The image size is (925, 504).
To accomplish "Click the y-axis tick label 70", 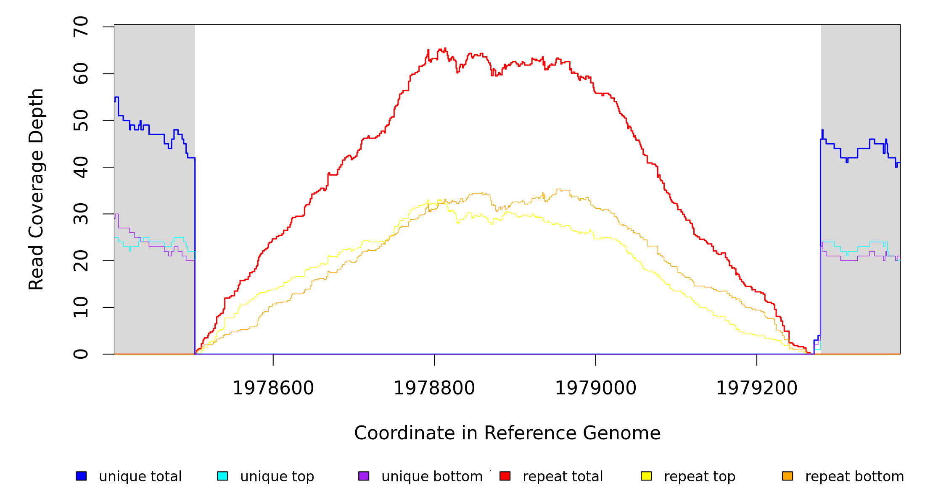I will point(81,27).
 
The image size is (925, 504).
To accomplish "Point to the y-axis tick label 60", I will point(81,73).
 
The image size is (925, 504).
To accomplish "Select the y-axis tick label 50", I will point(81,121).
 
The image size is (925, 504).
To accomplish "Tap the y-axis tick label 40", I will point(81,167).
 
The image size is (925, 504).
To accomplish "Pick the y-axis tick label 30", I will point(81,214).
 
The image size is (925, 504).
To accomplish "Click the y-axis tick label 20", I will point(81,260).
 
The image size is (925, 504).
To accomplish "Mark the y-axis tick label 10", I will point(81,307).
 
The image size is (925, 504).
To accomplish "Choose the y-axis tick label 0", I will point(81,354).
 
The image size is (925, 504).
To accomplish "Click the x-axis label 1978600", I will point(273,388).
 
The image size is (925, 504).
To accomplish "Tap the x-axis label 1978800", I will point(434,388).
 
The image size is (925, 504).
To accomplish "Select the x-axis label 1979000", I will point(596,388).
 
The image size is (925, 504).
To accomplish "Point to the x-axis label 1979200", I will point(757,388).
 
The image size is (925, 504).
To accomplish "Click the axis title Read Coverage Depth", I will point(36,189).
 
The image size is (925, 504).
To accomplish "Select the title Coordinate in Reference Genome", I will point(507,433).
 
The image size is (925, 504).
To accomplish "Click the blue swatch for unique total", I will point(81,476).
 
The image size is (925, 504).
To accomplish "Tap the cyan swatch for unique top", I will point(222,476).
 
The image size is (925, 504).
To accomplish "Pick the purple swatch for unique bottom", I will point(364,476).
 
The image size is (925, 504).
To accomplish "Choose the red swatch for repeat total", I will point(505,476).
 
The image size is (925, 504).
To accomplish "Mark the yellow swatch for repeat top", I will point(646,476).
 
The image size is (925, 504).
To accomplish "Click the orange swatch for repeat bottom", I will point(788,476).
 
